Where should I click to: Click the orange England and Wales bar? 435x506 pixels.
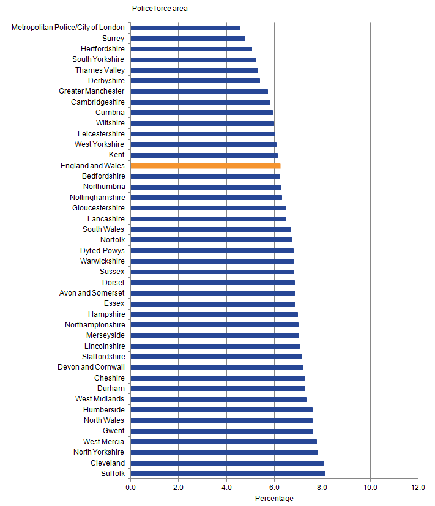click(206, 166)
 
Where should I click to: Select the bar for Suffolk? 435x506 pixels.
click(228, 474)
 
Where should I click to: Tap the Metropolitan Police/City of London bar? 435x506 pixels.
click(185, 28)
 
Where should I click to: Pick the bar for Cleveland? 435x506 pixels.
click(227, 463)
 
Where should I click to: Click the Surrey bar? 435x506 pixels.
click(188, 39)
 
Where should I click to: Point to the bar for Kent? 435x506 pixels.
click(204, 155)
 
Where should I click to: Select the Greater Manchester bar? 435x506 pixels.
click(199, 91)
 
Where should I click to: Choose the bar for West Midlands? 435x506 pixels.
click(218, 399)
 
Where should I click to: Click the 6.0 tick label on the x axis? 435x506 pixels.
click(274, 487)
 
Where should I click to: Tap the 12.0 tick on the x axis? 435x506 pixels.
click(418, 487)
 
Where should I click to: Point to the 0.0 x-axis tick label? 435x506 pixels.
click(131, 487)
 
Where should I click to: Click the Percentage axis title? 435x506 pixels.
click(274, 499)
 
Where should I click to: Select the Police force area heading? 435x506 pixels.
click(160, 9)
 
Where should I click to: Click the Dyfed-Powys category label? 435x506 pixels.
click(102, 251)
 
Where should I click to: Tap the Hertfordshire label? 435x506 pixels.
click(102, 49)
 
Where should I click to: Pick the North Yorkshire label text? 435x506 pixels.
click(99, 452)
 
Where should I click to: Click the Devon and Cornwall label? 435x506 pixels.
click(91, 367)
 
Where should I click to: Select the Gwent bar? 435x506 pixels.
click(222, 431)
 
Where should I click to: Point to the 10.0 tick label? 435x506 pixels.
click(370, 487)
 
